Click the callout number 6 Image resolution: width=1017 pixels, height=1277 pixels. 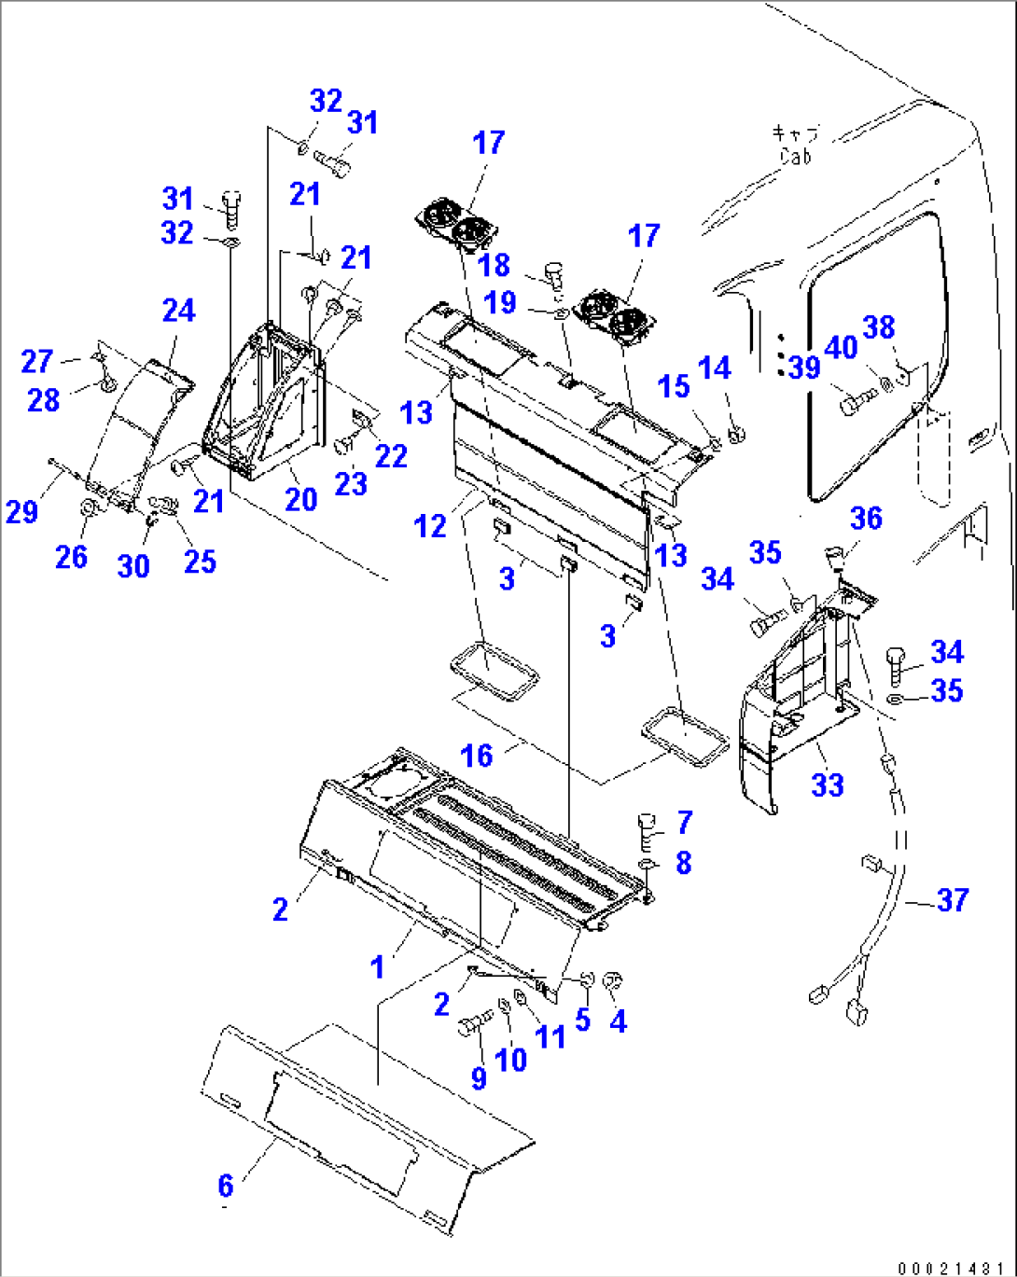click(x=225, y=1185)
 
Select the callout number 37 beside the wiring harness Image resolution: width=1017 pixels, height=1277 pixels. click(x=952, y=900)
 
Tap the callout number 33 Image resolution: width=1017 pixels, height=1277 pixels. click(x=827, y=784)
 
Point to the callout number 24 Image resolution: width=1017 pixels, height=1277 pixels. click(x=178, y=311)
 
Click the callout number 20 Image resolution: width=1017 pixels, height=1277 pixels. click(x=300, y=499)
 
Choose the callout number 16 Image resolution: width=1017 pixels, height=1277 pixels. click(x=477, y=755)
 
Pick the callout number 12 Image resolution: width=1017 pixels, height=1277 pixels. click(x=430, y=526)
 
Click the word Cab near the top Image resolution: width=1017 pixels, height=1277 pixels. click(x=796, y=157)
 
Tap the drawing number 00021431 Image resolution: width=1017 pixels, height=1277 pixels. click(x=951, y=1268)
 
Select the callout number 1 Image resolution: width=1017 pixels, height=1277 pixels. click(x=377, y=967)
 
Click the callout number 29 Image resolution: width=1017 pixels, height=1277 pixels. click(x=21, y=511)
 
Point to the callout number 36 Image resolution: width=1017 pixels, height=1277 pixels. click(x=866, y=519)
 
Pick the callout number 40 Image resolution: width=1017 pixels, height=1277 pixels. click(x=841, y=348)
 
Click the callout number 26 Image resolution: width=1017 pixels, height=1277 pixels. click(x=71, y=557)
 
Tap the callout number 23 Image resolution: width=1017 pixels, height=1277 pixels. click(x=351, y=483)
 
